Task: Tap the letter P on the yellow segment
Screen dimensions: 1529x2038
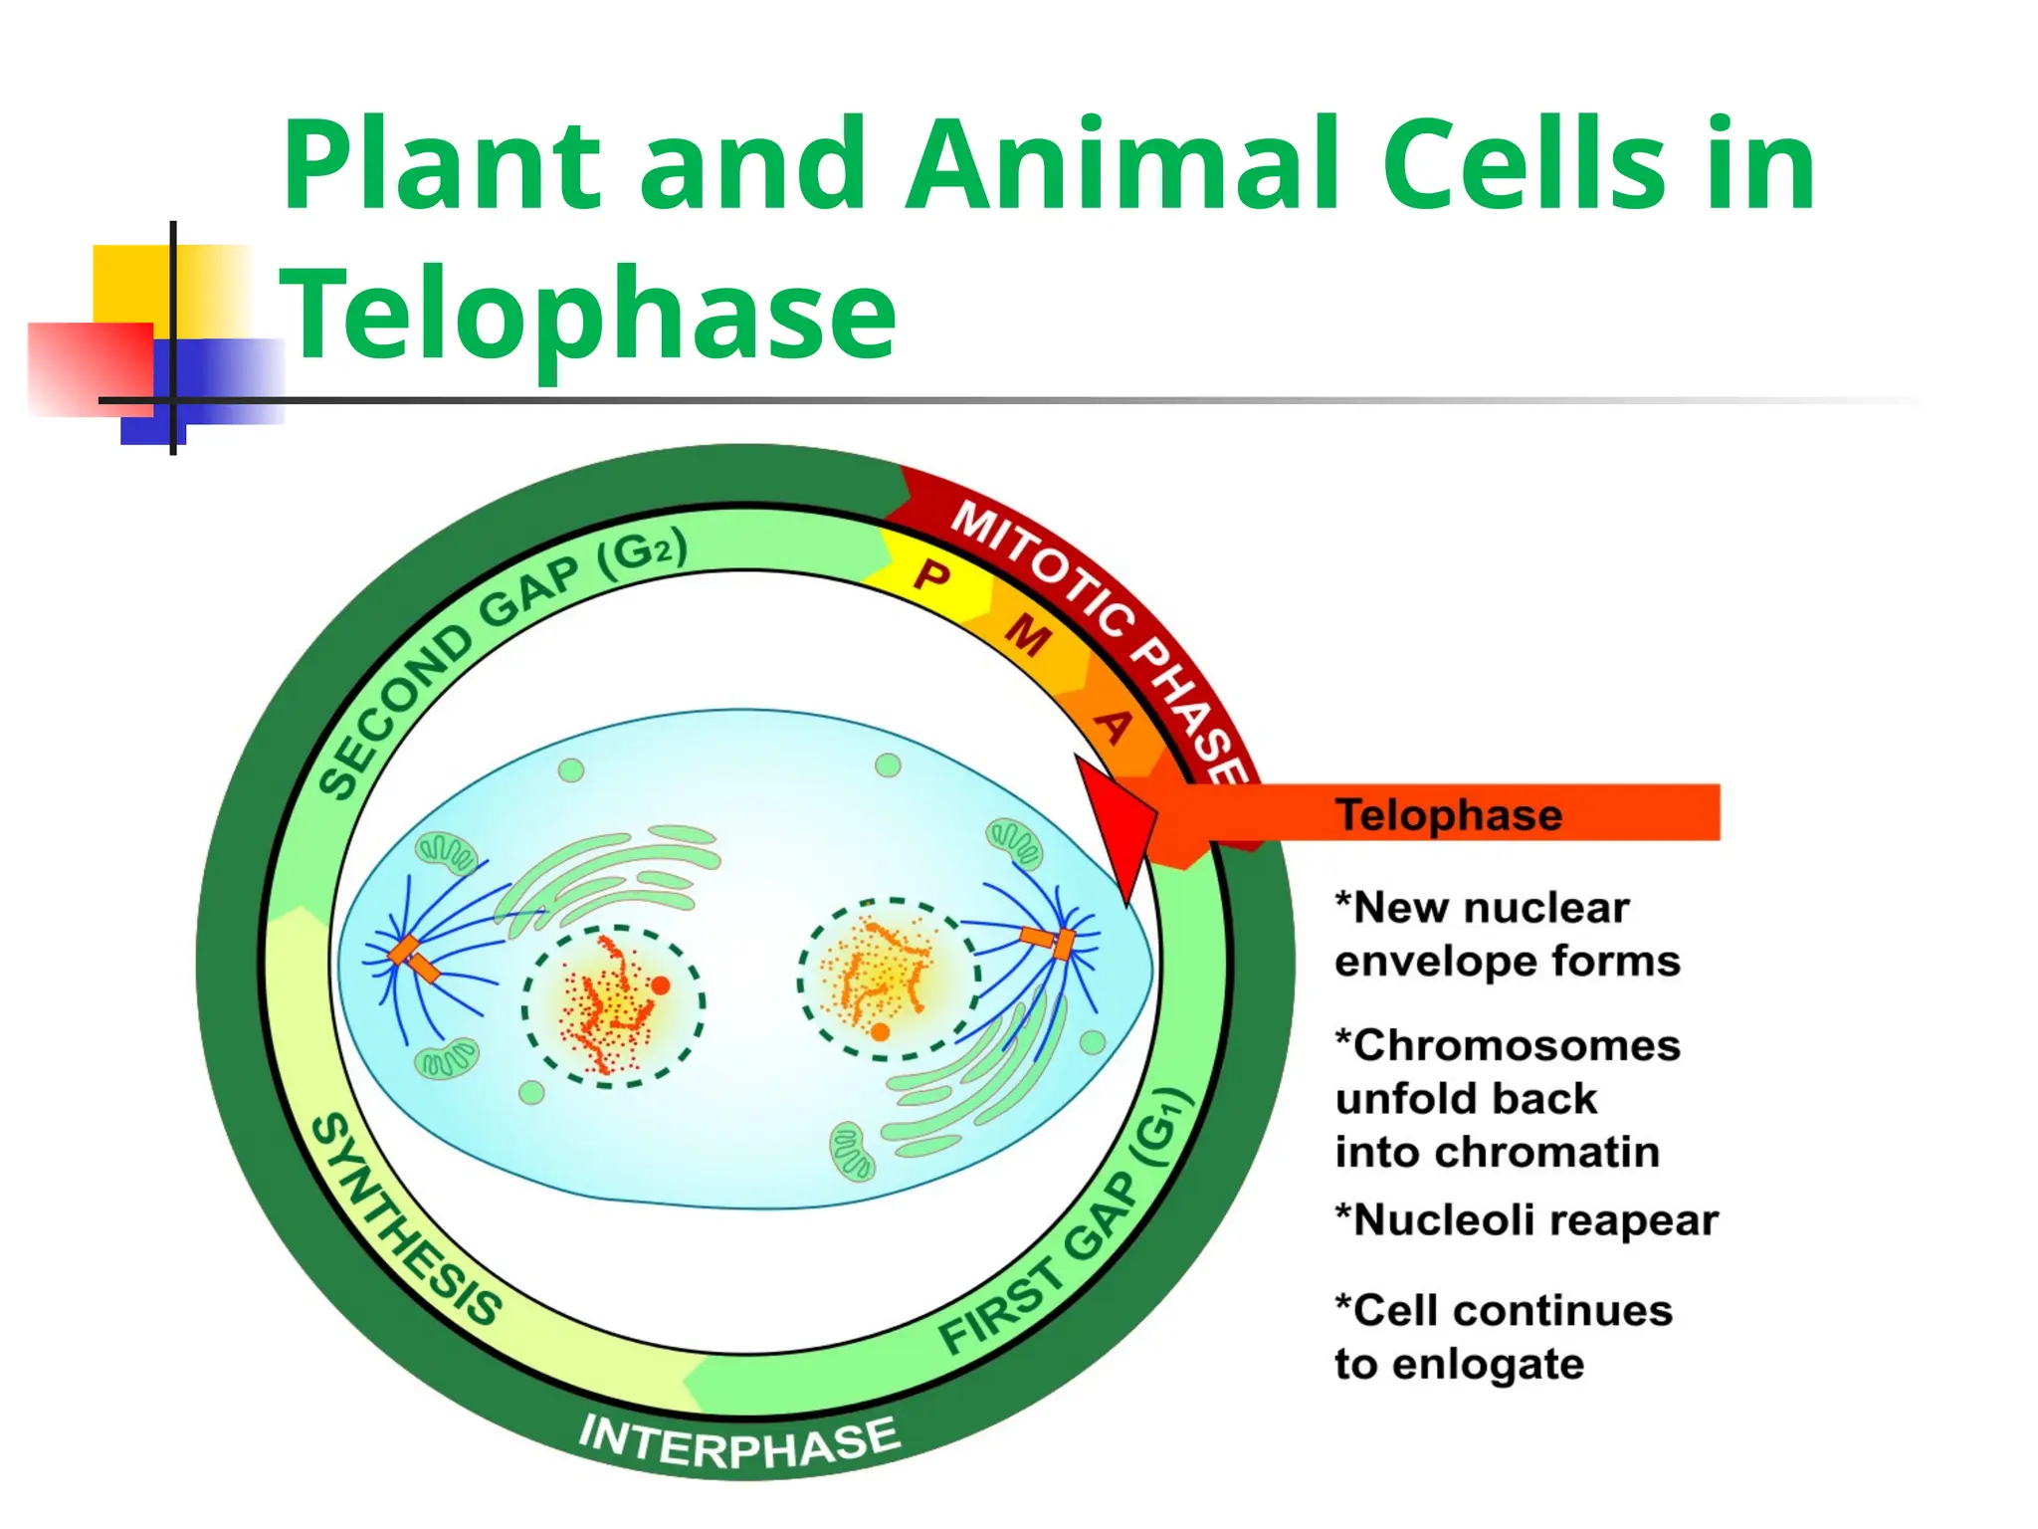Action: pyautogui.click(x=932, y=574)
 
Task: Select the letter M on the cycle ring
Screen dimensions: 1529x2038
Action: pyautogui.click(x=1027, y=635)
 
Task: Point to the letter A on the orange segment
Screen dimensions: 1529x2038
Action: pyautogui.click(x=1113, y=726)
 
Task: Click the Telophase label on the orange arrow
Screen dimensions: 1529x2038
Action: pyautogui.click(x=1448, y=814)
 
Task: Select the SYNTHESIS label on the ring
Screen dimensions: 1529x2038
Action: pyautogui.click(x=406, y=1219)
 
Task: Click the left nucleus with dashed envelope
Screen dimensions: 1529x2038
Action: pyautogui.click(x=613, y=1005)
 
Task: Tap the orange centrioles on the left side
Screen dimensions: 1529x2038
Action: pyautogui.click(x=412, y=958)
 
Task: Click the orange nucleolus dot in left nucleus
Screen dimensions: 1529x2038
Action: pyautogui.click(x=660, y=985)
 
